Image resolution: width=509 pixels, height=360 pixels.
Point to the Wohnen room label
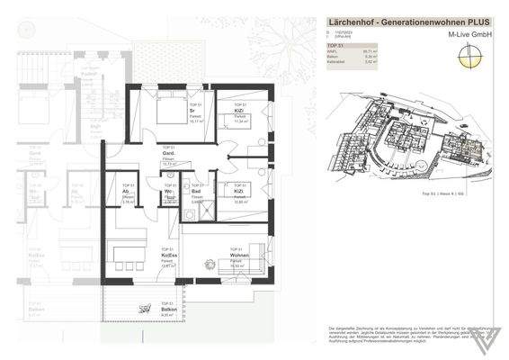pos(239,256)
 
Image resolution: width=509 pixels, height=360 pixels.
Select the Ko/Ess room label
pos(167,256)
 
